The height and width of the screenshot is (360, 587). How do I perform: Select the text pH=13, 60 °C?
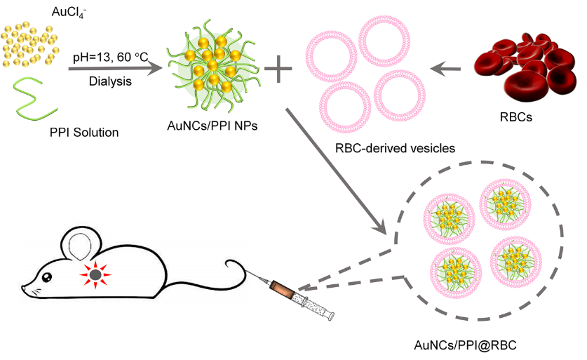[x=111, y=55]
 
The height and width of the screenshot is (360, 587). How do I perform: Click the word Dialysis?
[x=110, y=81]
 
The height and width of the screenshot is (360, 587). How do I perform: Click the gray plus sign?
[x=278, y=68]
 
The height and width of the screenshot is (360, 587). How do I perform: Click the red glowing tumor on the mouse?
[x=93, y=273]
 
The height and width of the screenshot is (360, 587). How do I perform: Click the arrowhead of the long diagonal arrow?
[x=379, y=227]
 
